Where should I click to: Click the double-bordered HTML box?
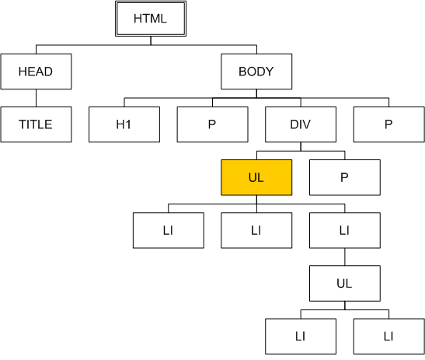click(x=151, y=19)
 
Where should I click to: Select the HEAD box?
click(x=36, y=72)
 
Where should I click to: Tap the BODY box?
click(x=256, y=72)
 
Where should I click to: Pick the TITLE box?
click(x=36, y=124)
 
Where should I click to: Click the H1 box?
click(x=124, y=124)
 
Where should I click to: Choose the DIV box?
click(x=301, y=124)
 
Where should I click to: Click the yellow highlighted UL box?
click(x=256, y=177)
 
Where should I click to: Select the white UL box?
click(x=345, y=283)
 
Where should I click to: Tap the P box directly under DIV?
click(x=345, y=177)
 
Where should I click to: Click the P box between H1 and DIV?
click(x=213, y=124)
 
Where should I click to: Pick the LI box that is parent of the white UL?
click(x=345, y=230)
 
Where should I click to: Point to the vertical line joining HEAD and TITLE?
click(x=36, y=98)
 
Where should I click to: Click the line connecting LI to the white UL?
click(x=345, y=257)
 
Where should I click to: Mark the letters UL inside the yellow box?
click(x=256, y=177)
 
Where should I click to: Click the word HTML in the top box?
click(x=150, y=19)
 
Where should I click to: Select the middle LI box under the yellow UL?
click(x=256, y=230)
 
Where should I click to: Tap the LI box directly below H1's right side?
click(x=169, y=230)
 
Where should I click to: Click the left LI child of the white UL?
click(x=301, y=337)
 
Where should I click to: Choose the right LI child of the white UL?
click(x=389, y=337)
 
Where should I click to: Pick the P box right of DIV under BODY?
click(x=389, y=124)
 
